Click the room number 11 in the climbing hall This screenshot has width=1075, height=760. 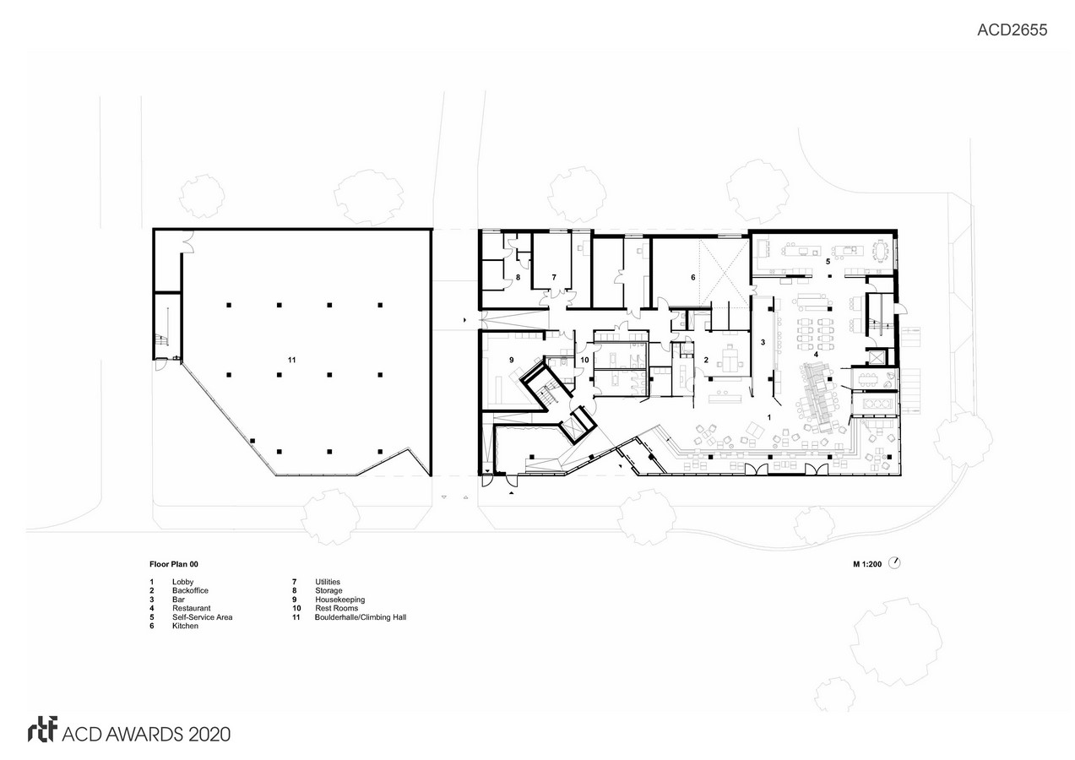(292, 360)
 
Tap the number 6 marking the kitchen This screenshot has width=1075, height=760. (693, 277)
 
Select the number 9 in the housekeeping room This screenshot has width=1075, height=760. (512, 360)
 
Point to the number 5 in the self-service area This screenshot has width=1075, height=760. (828, 262)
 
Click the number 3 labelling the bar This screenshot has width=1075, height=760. (763, 343)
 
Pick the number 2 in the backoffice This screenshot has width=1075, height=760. (706, 360)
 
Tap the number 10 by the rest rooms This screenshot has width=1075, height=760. (584, 360)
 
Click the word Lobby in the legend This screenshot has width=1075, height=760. (183, 582)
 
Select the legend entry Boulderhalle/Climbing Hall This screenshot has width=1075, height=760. (361, 617)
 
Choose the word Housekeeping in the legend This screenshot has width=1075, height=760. (339, 600)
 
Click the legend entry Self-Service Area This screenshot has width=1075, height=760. (202, 617)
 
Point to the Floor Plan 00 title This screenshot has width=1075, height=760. (174, 564)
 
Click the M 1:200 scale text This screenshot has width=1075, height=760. (867, 564)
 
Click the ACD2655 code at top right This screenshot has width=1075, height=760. (1013, 30)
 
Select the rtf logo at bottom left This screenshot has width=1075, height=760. (43, 730)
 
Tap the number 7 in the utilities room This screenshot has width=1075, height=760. (554, 277)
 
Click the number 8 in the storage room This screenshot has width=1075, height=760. (518, 277)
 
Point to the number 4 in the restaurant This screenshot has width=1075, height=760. (816, 355)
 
